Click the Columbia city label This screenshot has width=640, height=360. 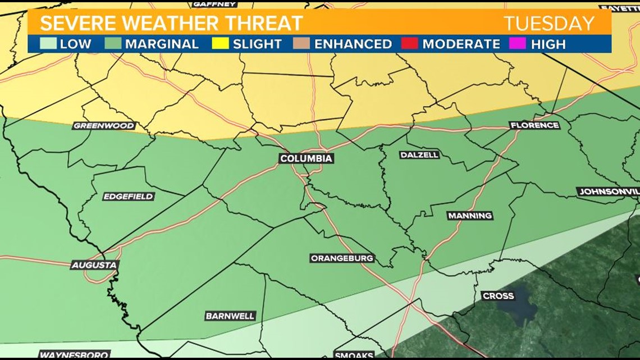[307, 159]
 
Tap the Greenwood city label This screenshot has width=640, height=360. [104, 126]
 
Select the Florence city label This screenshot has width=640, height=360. [534, 125]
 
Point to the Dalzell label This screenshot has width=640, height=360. [419, 155]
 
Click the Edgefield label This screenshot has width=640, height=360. [129, 197]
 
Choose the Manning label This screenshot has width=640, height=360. [470, 216]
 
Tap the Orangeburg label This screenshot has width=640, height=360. [342, 258]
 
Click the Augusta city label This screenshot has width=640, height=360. [94, 265]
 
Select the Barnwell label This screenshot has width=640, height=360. [230, 316]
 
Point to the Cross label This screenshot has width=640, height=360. [498, 296]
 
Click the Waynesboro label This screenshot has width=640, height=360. [66, 355]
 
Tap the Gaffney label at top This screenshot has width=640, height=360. [214, 4]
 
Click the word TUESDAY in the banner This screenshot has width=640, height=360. [548, 24]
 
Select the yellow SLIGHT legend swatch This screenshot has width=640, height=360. [220, 44]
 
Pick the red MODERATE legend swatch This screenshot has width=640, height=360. [410, 44]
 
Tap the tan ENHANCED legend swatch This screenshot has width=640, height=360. [301, 44]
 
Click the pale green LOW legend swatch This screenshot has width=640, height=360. [48, 44]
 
